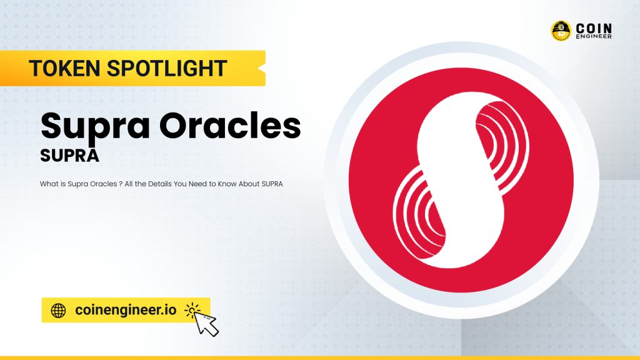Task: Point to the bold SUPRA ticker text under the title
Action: (x=69, y=156)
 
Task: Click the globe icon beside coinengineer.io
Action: (x=58, y=310)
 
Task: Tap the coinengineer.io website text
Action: (x=125, y=310)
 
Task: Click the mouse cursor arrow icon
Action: (x=204, y=321)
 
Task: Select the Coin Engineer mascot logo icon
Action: (x=561, y=31)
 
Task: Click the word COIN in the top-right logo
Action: (x=594, y=27)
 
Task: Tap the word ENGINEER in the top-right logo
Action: (x=594, y=36)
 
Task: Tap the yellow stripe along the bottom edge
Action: (x=320, y=357)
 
